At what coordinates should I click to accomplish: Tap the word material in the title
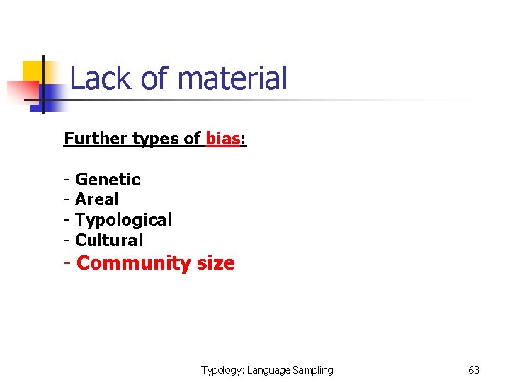233,79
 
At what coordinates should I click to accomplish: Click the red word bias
222,139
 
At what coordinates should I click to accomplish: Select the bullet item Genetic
108,180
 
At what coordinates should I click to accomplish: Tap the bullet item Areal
97,199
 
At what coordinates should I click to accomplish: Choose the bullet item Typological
123,220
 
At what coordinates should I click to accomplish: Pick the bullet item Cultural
109,240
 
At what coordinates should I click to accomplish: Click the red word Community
133,263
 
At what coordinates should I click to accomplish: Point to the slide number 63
474,370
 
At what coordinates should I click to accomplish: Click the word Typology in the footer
222,370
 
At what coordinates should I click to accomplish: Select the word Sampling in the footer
312,370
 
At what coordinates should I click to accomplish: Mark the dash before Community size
67,263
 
